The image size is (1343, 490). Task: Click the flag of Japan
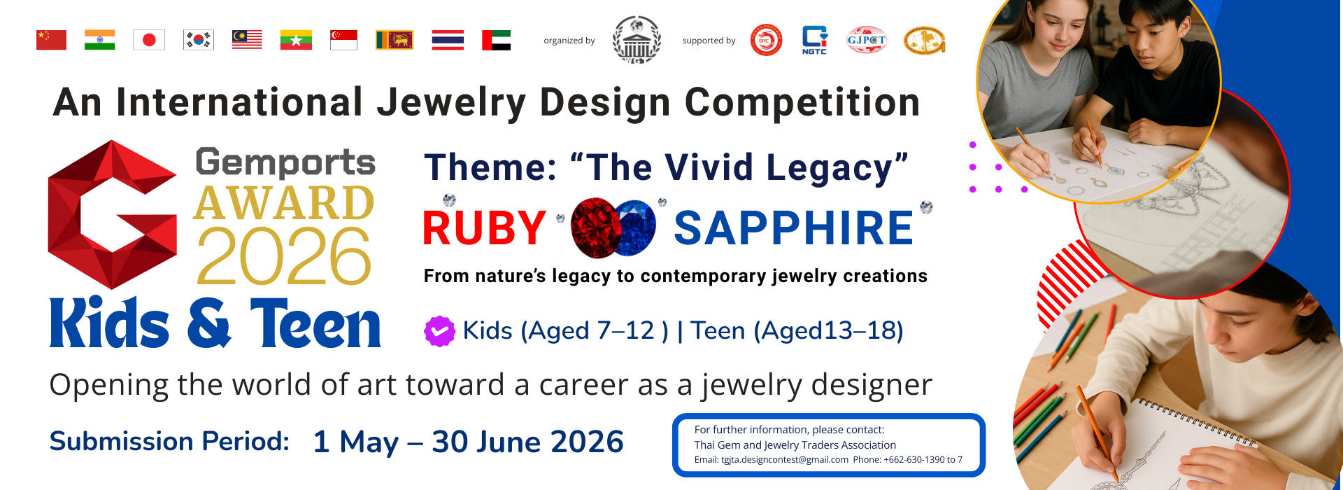(149, 40)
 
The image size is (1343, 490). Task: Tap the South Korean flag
(199, 40)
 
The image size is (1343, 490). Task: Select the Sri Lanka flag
(395, 40)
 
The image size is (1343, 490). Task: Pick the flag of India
(100, 40)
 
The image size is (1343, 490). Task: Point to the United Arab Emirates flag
(497, 40)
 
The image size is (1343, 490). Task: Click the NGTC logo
(814, 40)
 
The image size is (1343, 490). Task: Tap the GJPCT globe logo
(867, 40)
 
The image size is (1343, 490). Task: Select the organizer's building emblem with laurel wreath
(637, 40)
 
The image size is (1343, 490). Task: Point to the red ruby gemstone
(595, 227)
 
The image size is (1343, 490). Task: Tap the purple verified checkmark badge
(439, 331)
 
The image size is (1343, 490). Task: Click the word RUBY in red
(485, 228)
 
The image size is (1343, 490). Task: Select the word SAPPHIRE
(794, 228)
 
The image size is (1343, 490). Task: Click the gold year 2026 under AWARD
(283, 256)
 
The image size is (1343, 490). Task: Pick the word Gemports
(285, 162)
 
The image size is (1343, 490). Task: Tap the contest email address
(772, 460)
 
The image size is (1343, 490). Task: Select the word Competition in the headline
(802, 103)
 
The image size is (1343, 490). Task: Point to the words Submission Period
(169, 442)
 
